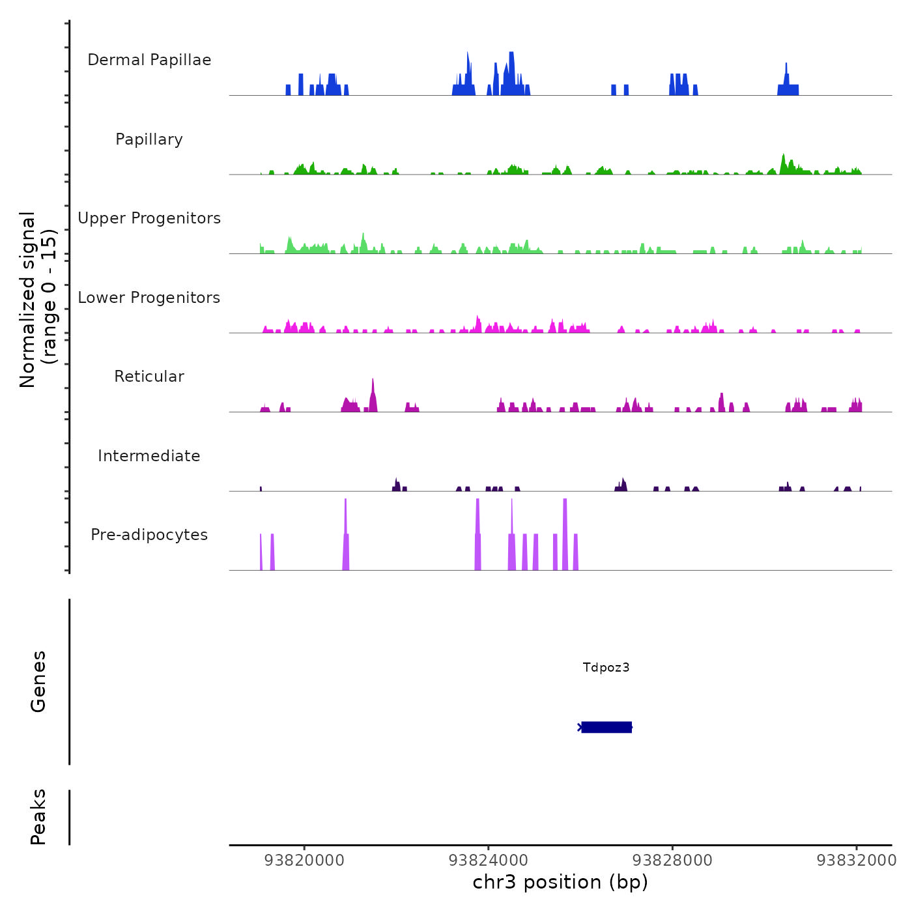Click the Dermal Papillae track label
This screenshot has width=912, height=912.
click(x=149, y=60)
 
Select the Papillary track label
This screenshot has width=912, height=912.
click(x=149, y=139)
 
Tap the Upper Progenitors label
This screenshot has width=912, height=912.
click(x=149, y=218)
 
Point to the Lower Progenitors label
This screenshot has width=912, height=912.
click(x=149, y=298)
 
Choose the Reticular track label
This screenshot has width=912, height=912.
click(x=149, y=377)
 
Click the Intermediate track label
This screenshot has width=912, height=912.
click(x=149, y=456)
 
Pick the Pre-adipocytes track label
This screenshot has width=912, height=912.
click(x=149, y=535)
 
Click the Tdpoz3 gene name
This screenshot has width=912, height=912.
click(x=606, y=667)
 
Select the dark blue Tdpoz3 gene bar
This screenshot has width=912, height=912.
click(x=606, y=727)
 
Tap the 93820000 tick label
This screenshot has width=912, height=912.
click(x=304, y=861)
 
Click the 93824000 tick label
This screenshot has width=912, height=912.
click(x=489, y=861)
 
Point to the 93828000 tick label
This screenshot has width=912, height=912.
click(x=672, y=861)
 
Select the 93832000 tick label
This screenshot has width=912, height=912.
click(x=857, y=861)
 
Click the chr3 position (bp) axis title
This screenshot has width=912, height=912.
click(x=560, y=882)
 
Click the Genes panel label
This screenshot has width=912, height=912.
click(x=38, y=681)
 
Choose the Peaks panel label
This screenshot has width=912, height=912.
click(x=38, y=817)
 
